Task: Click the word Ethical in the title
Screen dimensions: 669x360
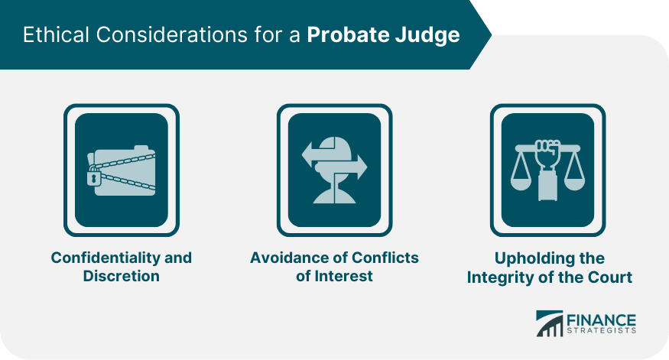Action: pos(57,34)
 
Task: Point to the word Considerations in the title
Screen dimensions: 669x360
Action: pos(171,34)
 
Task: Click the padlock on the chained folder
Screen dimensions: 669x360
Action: pos(94,177)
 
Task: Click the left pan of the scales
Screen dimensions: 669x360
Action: pos(521,183)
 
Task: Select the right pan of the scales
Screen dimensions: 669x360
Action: pos(574,183)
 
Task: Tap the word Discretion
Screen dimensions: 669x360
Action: pos(121,276)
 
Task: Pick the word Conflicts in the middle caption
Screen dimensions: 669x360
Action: pos(385,258)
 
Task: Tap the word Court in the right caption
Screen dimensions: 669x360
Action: pos(610,277)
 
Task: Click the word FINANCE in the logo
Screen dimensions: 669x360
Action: pos(601,320)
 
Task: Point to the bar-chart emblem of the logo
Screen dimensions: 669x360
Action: pos(550,323)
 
